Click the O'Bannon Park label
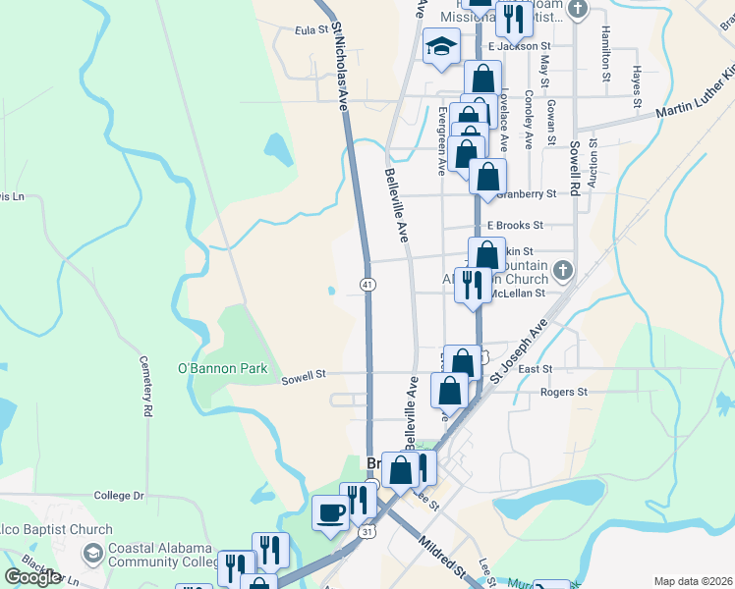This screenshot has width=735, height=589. pos(222,368)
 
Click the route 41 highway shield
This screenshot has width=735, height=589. pos(367,284)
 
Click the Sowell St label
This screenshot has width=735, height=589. pos(303,376)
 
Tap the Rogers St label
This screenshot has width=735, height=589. pos(563,392)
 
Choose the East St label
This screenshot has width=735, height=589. pos(535,369)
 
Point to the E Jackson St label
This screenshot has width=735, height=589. pos(520,46)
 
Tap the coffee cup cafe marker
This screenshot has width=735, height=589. pos(330,511)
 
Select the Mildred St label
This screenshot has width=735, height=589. pos(443,554)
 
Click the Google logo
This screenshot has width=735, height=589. pos(32,577)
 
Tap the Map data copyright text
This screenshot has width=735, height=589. pos(693,580)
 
